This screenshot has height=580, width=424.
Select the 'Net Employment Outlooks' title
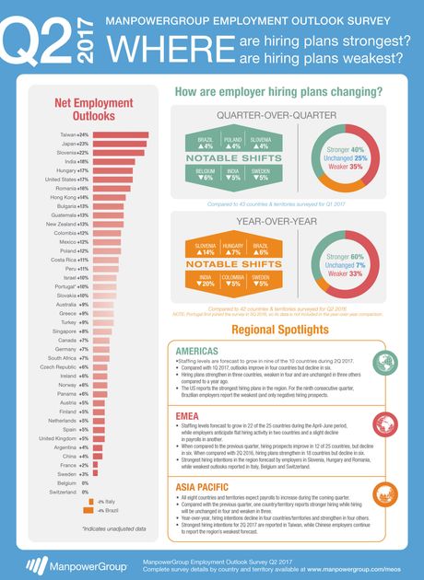[x=84, y=110]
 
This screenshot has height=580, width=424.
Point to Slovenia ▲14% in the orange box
[x=207, y=249]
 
